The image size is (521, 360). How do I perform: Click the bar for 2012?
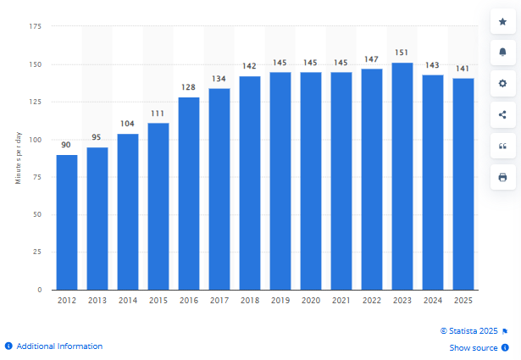67,222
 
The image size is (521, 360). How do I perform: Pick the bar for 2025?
463,184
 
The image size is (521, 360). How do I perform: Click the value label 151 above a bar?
402,55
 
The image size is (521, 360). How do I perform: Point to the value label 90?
67,146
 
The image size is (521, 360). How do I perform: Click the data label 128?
189,89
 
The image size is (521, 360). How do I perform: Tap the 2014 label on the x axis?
128,300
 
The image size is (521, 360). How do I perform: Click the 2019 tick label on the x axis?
280,300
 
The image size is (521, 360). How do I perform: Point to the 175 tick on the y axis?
36,27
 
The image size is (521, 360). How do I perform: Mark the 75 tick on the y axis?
37,177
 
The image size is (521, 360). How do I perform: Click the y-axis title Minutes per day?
18,158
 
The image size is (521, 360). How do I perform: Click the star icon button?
502,21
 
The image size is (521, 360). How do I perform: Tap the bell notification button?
502,53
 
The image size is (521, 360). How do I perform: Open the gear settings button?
502,84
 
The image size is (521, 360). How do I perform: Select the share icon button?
502,114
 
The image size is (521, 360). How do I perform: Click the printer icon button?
502,177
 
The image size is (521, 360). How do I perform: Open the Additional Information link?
58,346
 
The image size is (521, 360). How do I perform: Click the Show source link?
474,348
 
